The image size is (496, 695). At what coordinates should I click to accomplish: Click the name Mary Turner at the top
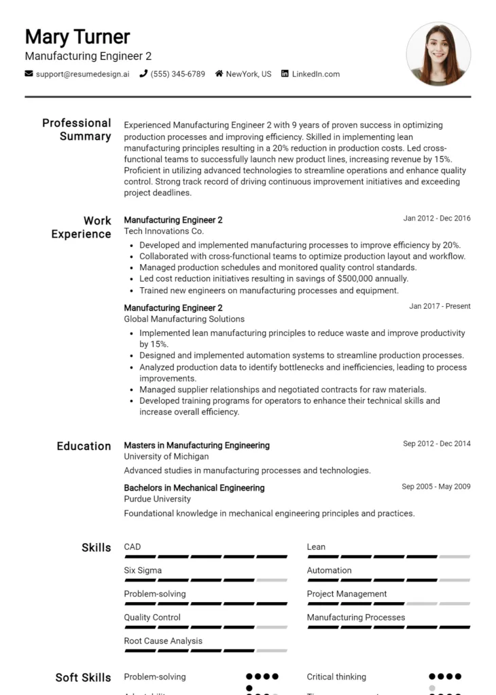tap(77, 37)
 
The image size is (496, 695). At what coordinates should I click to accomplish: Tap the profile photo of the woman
tap(438, 54)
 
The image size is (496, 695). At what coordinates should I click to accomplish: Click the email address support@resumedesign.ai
tap(82, 74)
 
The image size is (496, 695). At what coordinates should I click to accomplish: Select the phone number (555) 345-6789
tap(177, 74)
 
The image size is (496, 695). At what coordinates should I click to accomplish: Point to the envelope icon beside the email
tap(29, 74)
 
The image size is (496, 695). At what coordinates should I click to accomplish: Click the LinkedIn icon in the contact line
tap(285, 74)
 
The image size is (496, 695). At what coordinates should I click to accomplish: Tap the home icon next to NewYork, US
tap(219, 74)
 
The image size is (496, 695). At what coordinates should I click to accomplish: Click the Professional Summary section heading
tap(77, 130)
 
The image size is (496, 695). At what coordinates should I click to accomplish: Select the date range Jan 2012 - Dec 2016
tap(436, 219)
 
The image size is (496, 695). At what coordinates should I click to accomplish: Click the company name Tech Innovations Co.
tap(164, 231)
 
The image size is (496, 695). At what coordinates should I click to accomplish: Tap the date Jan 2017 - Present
tap(440, 306)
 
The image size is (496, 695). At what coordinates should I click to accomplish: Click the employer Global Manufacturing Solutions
tap(184, 319)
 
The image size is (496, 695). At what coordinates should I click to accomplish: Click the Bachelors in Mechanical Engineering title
tap(194, 488)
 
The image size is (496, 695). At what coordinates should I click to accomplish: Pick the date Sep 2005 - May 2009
tap(436, 487)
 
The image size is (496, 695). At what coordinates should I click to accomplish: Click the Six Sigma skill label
tap(143, 571)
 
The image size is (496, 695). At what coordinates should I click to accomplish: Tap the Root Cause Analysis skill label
tap(163, 641)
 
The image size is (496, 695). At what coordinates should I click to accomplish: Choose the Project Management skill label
tap(347, 594)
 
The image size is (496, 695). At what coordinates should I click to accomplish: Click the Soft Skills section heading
tap(83, 678)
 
